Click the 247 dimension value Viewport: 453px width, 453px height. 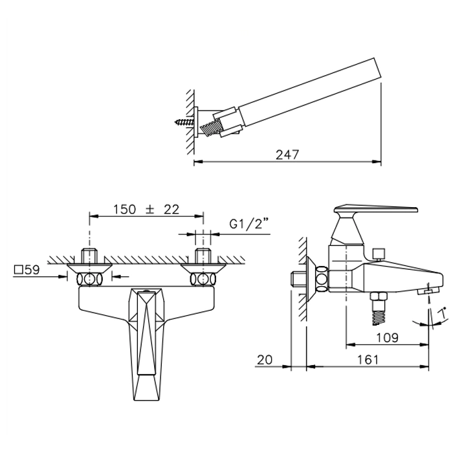coord(287,155)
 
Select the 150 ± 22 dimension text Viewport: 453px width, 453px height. coord(146,209)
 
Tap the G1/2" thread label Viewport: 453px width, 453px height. coord(249,224)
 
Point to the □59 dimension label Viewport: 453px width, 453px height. coord(27,270)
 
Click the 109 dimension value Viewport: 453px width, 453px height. coord(388,337)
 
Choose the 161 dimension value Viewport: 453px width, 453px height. coord(368,360)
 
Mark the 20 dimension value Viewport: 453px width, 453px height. coord(265,360)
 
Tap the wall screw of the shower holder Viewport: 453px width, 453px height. coord(184,122)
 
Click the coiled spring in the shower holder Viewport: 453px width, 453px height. coord(211,127)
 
